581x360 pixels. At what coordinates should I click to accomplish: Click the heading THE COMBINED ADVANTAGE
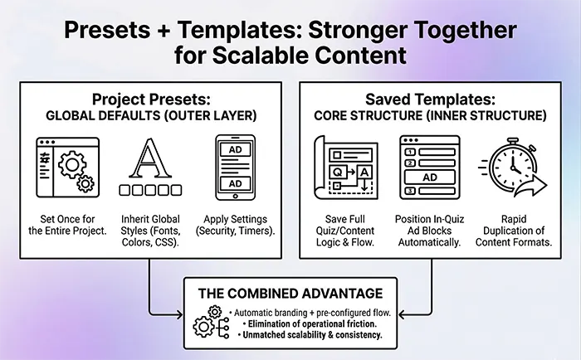tap(290, 293)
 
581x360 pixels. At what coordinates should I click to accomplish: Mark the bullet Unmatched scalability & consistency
tap(311, 334)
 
